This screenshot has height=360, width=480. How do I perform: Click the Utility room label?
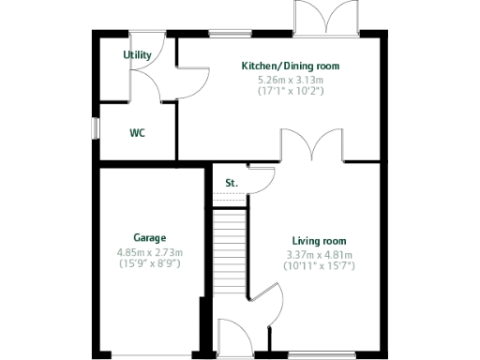pyautogui.click(x=137, y=55)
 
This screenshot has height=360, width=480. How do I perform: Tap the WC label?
pyautogui.click(x=137, y=133)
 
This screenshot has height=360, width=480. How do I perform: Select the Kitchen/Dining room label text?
pyautogui.click(x=291, y=67)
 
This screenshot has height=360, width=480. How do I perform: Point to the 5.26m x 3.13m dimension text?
pyautogui.click(x=291, y=81)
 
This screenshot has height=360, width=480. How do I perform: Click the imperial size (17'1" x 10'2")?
pyautogui.click(x=291, y=92)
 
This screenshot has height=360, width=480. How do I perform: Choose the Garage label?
pyautogui.click(x=149, y=238)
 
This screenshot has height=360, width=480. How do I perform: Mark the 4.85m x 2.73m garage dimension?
pyautogui.click(x=149, y=252)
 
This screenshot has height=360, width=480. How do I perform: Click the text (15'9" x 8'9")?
pyautogui.click(x=149, y=263)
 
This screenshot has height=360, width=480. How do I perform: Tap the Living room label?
pyautogui.click(x=319, y=241)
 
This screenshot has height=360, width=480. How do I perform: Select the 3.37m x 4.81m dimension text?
pyautogui.click(x=319, y=255)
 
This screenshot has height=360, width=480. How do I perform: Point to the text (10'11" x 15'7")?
pyautogui.click(x=319, y=266)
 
